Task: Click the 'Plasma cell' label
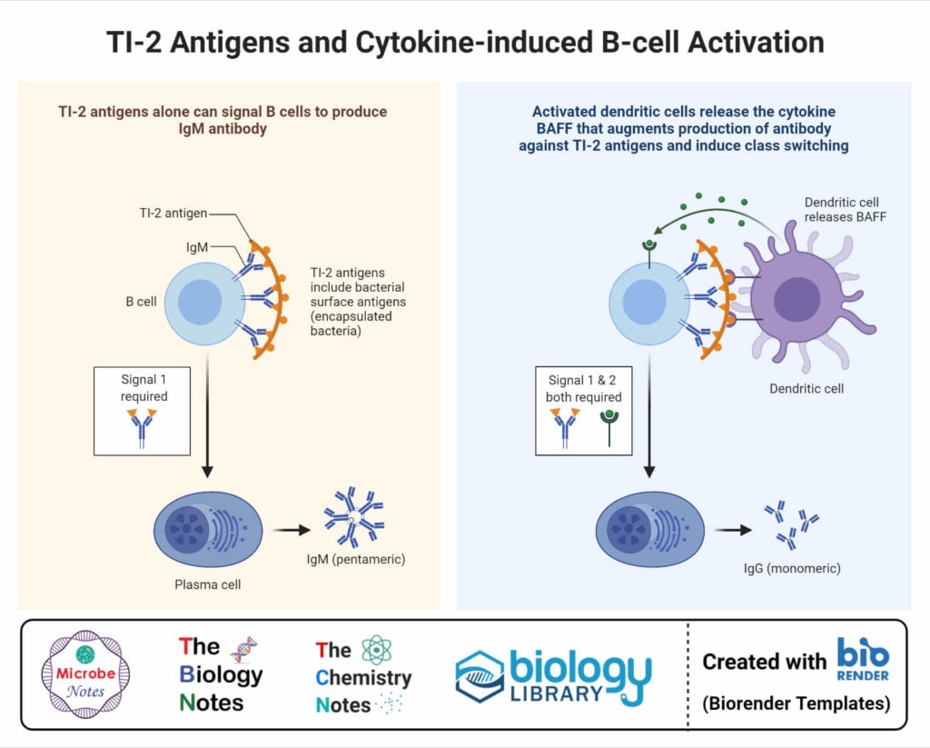pyautogui.click(x=209, y=583)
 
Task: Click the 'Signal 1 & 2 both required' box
pyautogui.click(x=584, y=411)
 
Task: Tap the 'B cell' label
pyautogui.click(x=141, y=301)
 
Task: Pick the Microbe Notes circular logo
pyautogui.click(x=85, y=673)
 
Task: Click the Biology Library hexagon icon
pyautogui.click(x=480, y=677)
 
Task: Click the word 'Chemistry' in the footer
pyautogui.click(x=364, y=677)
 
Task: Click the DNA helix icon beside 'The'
pyautogui.click(x=243, y=648)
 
